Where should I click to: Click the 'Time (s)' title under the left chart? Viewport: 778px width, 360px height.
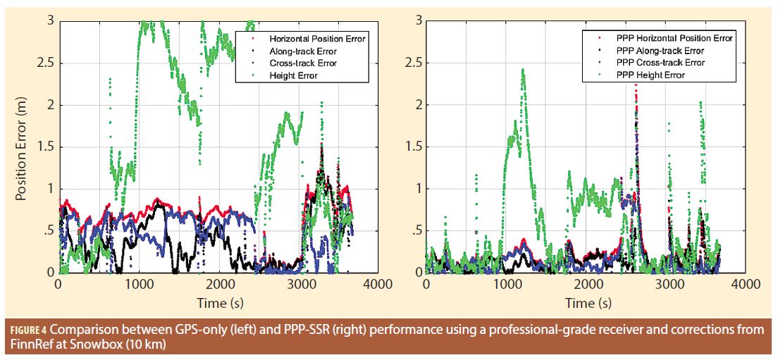coord(217,303)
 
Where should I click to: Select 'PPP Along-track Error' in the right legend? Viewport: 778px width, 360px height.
coord(660,51)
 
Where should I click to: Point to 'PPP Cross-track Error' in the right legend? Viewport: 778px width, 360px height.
coord(660,63)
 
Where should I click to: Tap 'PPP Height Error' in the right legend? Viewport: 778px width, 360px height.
coord(650,75)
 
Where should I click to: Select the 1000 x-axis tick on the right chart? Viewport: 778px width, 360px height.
coord(507,284)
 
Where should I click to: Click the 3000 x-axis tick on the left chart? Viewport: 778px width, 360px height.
coord(299,284)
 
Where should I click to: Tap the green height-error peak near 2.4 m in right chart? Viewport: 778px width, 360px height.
coord(522,70)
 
